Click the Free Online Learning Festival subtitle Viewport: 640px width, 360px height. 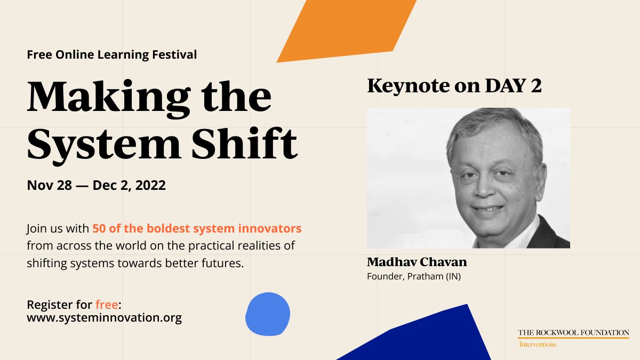[x=111, y=54]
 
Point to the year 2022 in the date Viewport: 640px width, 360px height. [x=150, y=186]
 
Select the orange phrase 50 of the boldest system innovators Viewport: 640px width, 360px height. [x=197, y=228]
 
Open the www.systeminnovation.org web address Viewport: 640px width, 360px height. [x=104, y=318]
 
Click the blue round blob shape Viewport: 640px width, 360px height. [x=267, y=314]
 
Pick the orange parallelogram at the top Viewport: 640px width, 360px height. [x=347, y=29]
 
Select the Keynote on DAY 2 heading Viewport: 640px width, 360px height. [x=454, y=86]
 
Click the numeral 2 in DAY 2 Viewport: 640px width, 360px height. [x=535, y=86]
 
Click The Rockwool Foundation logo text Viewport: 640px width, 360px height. [x=573, y=333]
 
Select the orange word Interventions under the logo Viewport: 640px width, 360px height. [x=538, y=345]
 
